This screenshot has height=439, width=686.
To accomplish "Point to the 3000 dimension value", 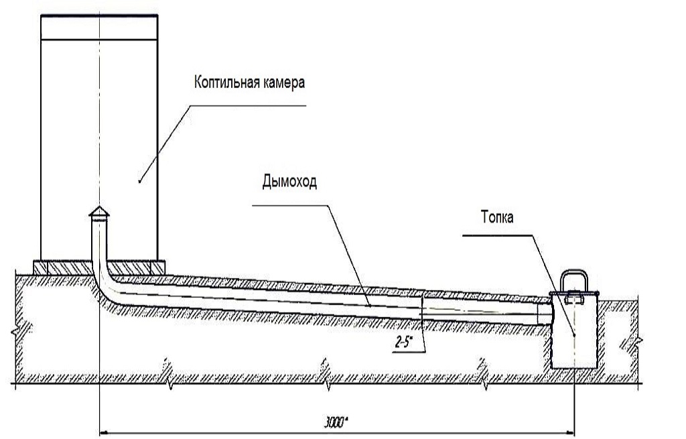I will tap(338, 422).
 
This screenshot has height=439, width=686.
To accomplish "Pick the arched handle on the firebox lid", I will tap(573, 281).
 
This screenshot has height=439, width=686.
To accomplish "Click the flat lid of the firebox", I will tap(573, 294).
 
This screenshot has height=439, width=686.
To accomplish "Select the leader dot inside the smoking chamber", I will tap(139, 181).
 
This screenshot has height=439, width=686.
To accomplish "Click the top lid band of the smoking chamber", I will tap(99, 26).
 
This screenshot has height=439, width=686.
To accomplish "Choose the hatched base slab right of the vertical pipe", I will tap(135, 266).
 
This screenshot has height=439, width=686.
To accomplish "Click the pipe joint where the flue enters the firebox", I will tap(544, 314).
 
